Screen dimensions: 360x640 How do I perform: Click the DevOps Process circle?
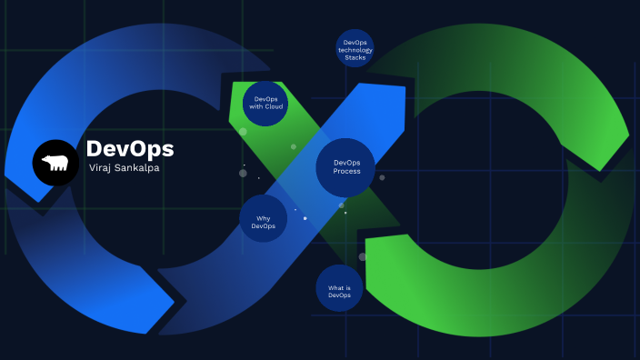click(x=346, y=167)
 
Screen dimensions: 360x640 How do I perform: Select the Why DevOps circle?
click(x=264, y=219)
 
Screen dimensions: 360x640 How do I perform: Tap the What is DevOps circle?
click(x=339, y=290)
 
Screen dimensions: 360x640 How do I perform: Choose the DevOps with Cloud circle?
click(x=267, y=103)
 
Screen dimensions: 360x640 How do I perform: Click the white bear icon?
click(x=55, y=164)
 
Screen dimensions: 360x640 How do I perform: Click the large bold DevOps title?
click(x=129, y=148)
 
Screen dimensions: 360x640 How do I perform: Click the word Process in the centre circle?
click(x=346, y=172)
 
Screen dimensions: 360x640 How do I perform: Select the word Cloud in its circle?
click(x=274, y=106)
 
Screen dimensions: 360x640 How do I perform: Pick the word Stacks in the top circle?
click(x=355, y=57)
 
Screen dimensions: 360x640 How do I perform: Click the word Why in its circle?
click(x=264, y=217)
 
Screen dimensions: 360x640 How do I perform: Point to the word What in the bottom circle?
click(x=334, y=287)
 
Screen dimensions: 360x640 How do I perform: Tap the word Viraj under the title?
click(x=98, y=168)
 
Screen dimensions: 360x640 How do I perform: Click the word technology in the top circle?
click(x=355, y=50)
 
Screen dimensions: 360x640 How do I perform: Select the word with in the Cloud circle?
click(x=257, y=106)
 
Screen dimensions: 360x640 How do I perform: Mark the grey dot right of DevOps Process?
click(x=382, y=177)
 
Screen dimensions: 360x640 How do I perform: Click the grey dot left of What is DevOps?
click(x=362, y=257)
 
